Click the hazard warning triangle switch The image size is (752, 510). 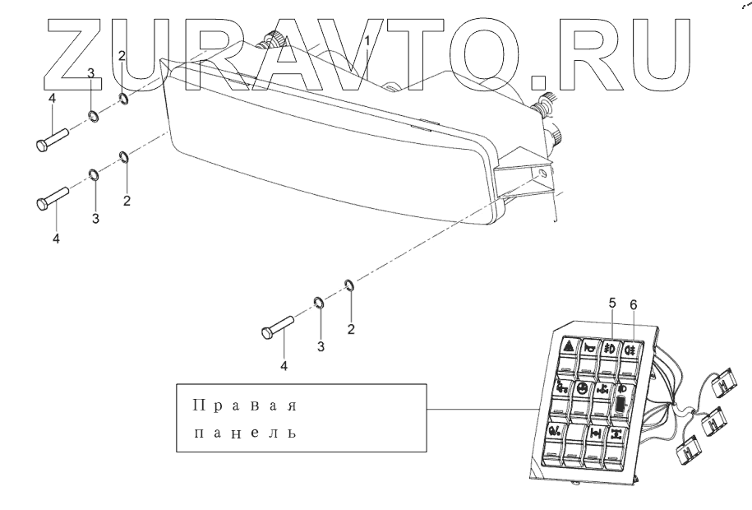pos(566,348)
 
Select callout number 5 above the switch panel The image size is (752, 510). pos(612,304)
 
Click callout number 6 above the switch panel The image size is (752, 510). pos(633,304)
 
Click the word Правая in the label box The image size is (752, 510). pos(243,406)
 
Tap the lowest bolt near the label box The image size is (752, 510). pos(278,327)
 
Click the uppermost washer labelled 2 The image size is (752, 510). pos(122,100)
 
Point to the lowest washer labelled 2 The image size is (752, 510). pos(349,285)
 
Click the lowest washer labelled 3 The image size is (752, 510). pos(320,302)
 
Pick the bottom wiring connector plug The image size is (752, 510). pos(687,452)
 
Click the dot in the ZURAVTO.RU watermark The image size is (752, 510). pos(539,79)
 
